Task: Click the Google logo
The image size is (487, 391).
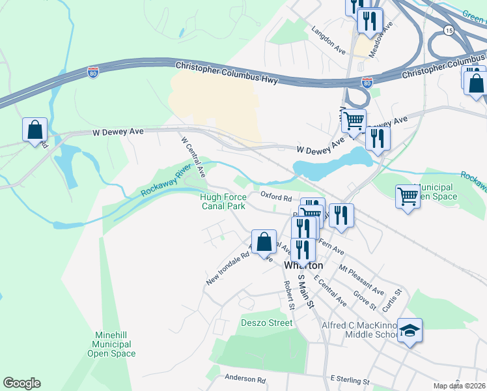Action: coord(21,383)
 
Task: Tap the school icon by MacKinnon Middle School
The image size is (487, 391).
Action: coord(410,332)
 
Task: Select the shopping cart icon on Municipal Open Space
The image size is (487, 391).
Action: coord(408,195)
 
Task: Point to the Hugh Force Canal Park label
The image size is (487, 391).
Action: coord(223,201)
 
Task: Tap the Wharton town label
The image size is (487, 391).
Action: coord(303,266)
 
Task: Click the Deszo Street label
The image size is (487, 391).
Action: coord(267,323)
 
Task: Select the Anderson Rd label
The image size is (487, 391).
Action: coord(245,378)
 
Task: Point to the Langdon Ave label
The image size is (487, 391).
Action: coord(328,39)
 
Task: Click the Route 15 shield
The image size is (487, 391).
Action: coord(449,31)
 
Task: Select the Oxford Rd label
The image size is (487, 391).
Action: coord(276,197)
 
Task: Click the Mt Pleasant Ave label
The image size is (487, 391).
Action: coord(361,280)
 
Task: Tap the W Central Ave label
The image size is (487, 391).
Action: coord(193,157)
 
